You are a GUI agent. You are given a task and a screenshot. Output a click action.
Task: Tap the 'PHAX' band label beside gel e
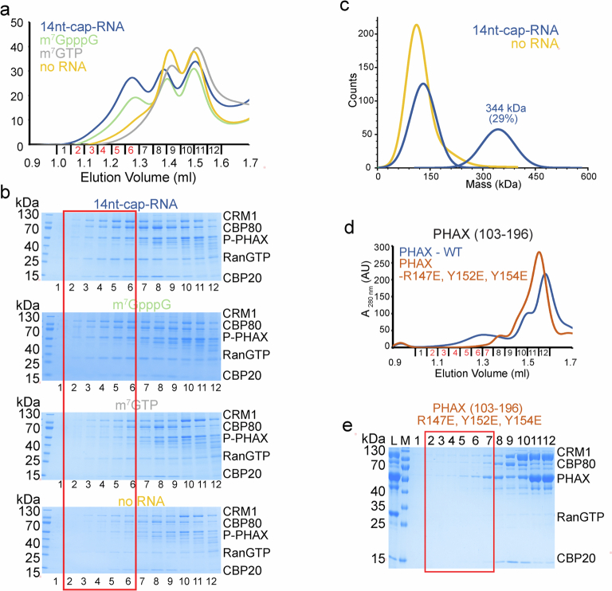pos(571,479)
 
